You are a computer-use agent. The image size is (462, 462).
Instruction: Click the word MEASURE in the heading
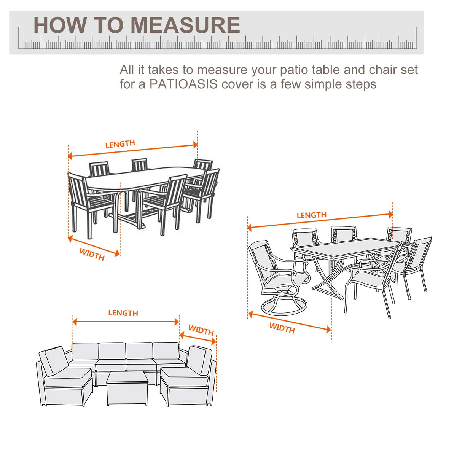pos(185,25)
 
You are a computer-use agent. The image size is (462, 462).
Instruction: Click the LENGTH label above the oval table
pos(120,144)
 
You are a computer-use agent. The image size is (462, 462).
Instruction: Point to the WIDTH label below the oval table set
pos(92,254)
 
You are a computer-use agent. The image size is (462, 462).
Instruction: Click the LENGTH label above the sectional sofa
pos(123,313)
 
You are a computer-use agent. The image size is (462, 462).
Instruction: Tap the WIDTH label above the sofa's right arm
pos(201,330)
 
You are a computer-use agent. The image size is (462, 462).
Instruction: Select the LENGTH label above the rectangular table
pos(311,215)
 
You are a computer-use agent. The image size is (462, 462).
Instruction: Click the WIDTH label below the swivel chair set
pos(282,328)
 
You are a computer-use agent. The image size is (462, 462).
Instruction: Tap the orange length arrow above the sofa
pos(126,322)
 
